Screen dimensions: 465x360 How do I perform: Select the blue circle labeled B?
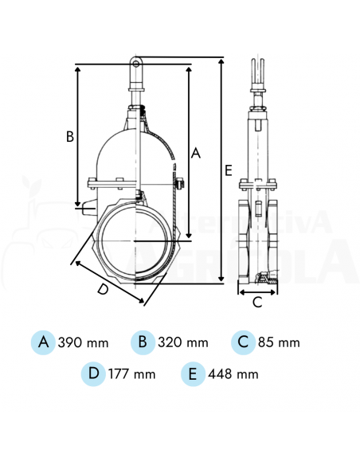[143, 342]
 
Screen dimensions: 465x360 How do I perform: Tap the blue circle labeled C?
[244, 342]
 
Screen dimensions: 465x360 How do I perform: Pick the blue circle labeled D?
[94, 373]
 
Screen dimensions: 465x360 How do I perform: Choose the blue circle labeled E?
[192, 373]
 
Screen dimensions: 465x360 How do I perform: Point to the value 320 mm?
[183, 343]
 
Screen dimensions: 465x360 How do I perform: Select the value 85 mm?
[280, 343]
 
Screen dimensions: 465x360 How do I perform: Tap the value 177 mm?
[133, 373]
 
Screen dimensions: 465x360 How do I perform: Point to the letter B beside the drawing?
[70, 136]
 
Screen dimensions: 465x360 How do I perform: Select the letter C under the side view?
[257, 302]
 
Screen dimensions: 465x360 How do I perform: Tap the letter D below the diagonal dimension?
[102, 290]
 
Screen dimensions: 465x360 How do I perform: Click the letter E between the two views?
[229, 170]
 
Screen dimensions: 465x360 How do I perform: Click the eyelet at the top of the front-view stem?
[137, 61]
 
